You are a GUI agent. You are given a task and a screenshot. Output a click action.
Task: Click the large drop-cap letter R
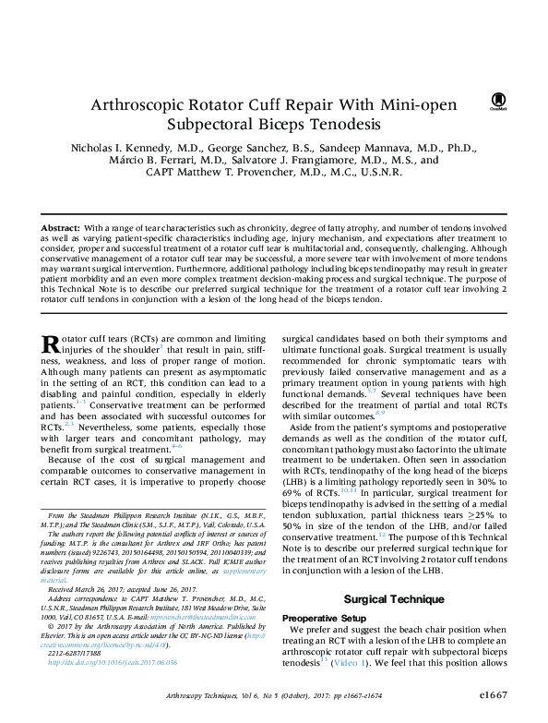52,343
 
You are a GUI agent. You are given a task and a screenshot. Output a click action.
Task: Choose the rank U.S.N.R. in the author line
378,172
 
